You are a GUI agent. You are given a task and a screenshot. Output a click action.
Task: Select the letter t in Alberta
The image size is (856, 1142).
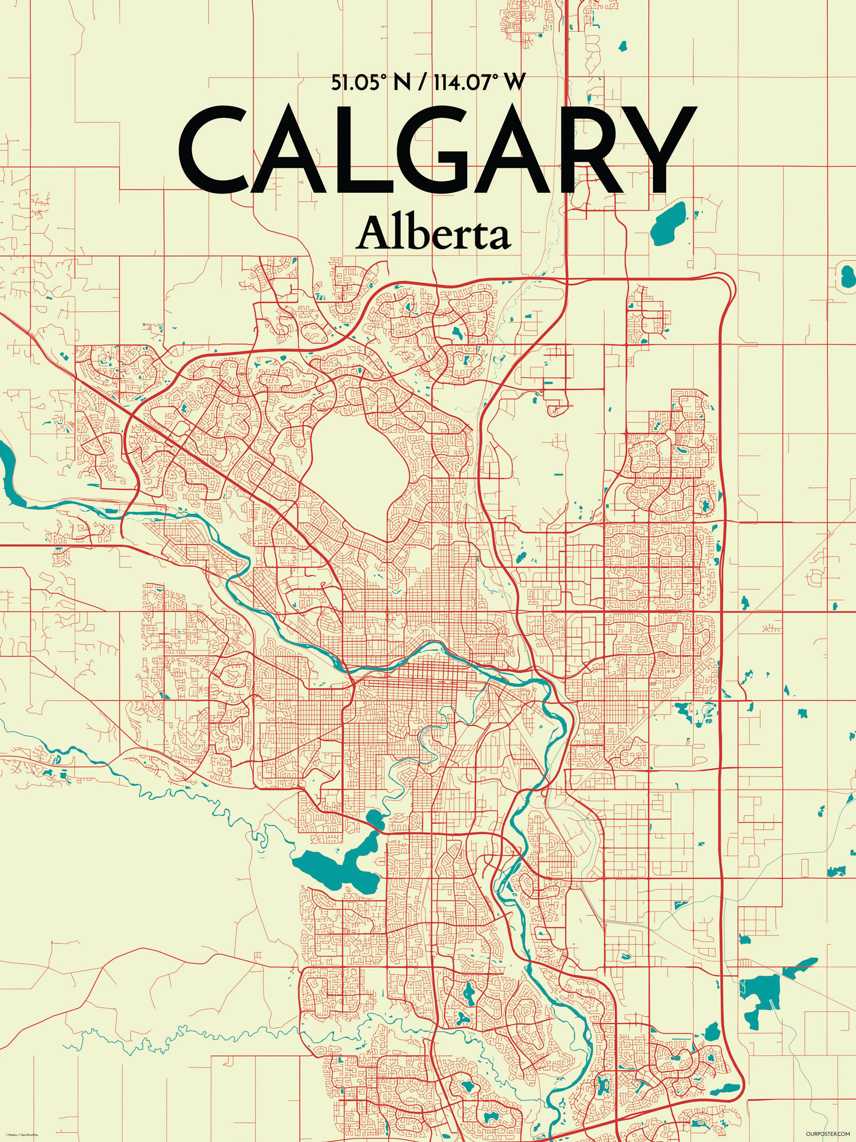(x=478, y=236)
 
